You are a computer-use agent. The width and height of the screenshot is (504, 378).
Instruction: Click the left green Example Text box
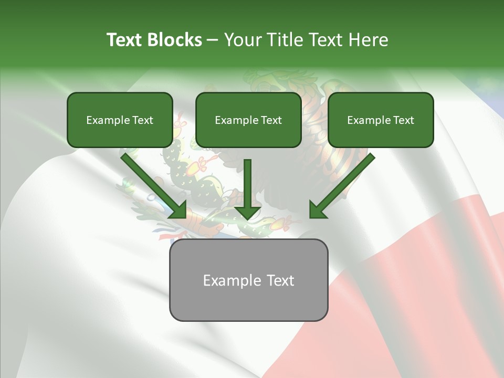(120, 120)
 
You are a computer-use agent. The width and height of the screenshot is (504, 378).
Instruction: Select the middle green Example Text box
(248, 120)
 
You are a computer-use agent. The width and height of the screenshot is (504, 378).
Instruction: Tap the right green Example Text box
(381, 120)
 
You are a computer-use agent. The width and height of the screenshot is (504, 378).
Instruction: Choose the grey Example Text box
(248, 280)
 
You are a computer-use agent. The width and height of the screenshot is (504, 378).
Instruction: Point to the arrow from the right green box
(341, 186)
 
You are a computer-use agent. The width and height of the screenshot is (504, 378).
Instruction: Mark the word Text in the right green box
(403, 120)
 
